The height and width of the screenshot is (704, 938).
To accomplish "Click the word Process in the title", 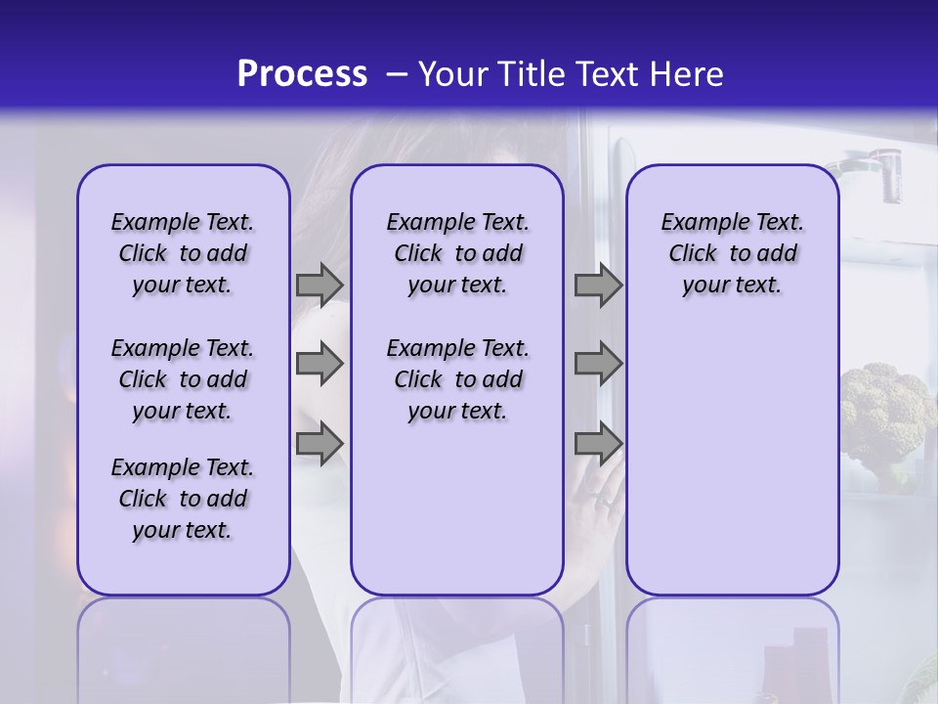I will point(302,74).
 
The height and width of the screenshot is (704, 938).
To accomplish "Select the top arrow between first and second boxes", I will point(319,285).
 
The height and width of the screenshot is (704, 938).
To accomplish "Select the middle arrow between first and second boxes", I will point(319,364).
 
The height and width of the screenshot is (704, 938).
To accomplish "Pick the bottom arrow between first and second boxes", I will point(319,443).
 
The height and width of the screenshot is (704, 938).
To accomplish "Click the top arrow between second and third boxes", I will point(597,285).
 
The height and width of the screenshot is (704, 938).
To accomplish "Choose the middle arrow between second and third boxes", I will point(597,364).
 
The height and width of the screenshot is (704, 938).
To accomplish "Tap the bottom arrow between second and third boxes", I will point(597,443).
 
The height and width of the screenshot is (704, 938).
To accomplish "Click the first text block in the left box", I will point(183,253).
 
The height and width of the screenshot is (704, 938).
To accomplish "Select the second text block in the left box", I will point(183,379).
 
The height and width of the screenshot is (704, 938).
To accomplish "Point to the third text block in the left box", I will point(183,499).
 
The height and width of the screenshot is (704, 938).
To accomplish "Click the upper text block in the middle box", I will point(457,253).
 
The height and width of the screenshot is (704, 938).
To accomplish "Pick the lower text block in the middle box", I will point(457,379).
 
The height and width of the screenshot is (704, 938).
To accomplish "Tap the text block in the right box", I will point(732,253).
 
